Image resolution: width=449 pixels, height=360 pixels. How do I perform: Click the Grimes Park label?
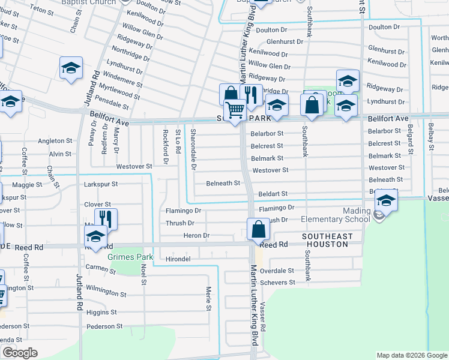tap(127, 257)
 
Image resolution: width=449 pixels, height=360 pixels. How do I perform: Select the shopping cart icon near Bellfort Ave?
tap(235, 110)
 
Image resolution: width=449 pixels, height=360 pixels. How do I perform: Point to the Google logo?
tap(19, 353)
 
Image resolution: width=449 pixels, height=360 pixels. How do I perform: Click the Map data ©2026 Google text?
tap(412, 355)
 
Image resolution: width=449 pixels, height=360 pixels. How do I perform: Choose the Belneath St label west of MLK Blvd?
tap(223, 183)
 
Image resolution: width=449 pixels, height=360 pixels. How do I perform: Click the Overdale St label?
tap(277, 271)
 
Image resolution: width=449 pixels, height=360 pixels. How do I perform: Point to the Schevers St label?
tap(277, 282)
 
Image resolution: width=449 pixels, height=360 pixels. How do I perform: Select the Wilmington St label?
tap(106, 295)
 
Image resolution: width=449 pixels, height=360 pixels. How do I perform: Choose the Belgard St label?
tap(411, 143)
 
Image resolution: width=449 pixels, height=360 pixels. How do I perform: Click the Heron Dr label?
tap(196, 236)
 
